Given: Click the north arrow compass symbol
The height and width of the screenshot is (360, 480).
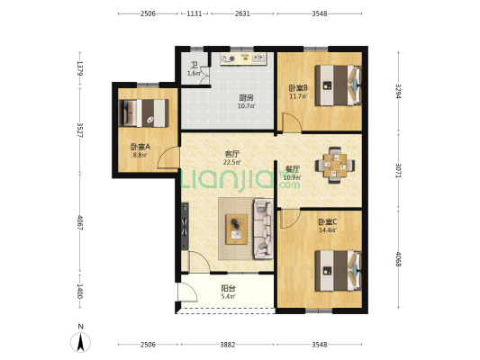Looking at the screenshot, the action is click(80, 342).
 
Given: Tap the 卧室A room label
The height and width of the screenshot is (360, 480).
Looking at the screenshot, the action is click(140, 147).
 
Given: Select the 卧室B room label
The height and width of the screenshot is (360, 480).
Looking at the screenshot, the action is click(298, 88).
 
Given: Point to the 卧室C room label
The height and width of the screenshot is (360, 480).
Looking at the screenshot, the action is click(328, 221).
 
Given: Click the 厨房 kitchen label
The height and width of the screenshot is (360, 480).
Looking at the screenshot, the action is click(246, 98).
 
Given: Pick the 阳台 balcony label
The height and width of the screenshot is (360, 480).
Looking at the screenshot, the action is click(229, 288).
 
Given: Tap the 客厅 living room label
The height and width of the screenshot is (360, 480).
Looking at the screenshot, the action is click(231, 154).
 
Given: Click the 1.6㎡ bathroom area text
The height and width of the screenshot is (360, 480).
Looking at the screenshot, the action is click(194, 74).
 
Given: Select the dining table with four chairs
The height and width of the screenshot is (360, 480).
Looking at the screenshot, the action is click(335, 166).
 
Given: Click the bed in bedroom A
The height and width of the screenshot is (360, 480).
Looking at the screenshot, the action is click(144, 112).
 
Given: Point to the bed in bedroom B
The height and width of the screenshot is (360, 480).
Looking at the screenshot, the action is click(339, 85).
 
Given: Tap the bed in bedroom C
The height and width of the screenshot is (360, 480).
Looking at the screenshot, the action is click(339, 271).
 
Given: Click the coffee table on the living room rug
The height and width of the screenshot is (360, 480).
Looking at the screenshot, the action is click(236, 229).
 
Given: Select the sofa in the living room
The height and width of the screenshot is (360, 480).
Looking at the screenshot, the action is click(263, 229).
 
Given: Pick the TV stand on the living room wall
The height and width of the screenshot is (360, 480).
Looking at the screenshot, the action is click(185, 226).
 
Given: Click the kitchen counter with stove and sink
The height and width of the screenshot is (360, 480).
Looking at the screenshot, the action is click(243, 58).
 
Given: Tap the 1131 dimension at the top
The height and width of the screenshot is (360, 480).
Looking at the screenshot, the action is click(195, 13).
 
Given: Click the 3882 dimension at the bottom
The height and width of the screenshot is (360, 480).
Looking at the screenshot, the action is click(228, 345).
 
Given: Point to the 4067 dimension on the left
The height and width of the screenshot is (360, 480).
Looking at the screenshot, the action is click(80, 222).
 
